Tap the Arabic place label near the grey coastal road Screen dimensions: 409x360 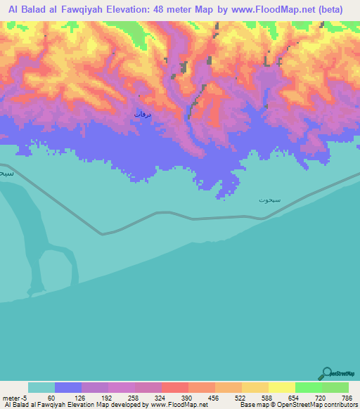pos(269,200)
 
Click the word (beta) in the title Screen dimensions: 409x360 pos(332,9)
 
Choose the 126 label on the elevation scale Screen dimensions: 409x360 pos(82,397)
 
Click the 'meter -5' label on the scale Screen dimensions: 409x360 pos(15,397)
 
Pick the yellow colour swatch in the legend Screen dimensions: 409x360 pos(281,387)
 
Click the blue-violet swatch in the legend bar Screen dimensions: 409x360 pos(68,387)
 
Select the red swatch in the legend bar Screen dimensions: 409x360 pos(174,387)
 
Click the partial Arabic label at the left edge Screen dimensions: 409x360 pos(6,173)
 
